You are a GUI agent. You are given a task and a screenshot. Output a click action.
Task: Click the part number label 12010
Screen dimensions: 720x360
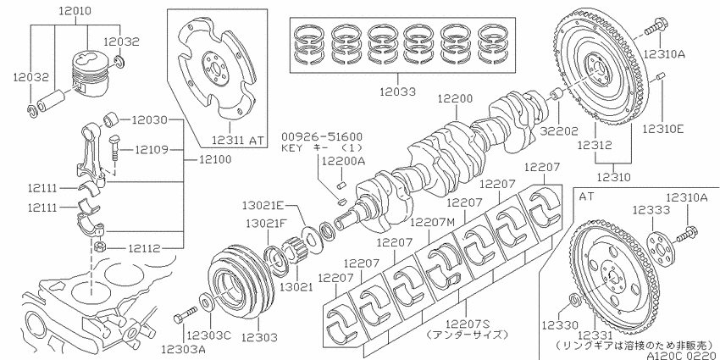(x=75, y=10)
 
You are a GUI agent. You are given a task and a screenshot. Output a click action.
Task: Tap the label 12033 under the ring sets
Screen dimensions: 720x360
(x=397, y=91)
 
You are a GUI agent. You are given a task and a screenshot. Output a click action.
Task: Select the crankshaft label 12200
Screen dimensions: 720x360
(x=455, y=98)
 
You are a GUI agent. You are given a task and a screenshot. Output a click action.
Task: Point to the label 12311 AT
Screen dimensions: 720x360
(x=239, y=140)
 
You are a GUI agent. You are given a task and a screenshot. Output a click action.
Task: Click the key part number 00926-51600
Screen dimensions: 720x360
(x=321, y=136)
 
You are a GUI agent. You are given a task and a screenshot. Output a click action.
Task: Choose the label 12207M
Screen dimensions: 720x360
(x=432, y=222)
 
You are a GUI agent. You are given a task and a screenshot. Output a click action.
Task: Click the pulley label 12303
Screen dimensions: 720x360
(x=259, y=337)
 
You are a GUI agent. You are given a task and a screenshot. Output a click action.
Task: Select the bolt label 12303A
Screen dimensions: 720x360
(x=183, y=349)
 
